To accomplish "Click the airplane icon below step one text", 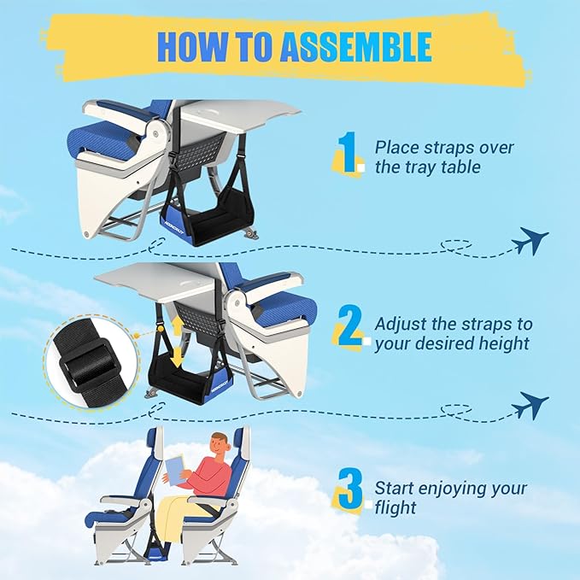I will pos(530,242).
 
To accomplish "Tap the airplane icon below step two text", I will pos(530,404).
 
